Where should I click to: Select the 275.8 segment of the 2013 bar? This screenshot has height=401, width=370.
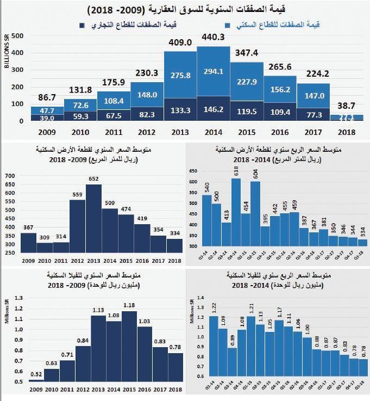pyautogui.click(x=180, y=75)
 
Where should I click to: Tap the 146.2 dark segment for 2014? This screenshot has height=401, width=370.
pyautogui.click(x=214, y=109)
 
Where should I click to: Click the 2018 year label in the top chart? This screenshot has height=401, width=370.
pyautogui.click(x=347, y=132)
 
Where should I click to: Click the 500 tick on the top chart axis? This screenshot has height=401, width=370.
pyautogui.click(x=17, y=36)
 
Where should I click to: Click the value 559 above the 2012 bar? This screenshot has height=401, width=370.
pyautogui.click(x=78, y=194)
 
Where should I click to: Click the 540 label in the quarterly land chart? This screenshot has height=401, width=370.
pyautogui.click(x=206, y=187)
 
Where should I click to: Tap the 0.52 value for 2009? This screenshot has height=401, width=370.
pyautogui.click(x=36, y=374)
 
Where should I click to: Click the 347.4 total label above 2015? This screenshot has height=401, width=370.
pyautogui.click(x=247, y=52)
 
